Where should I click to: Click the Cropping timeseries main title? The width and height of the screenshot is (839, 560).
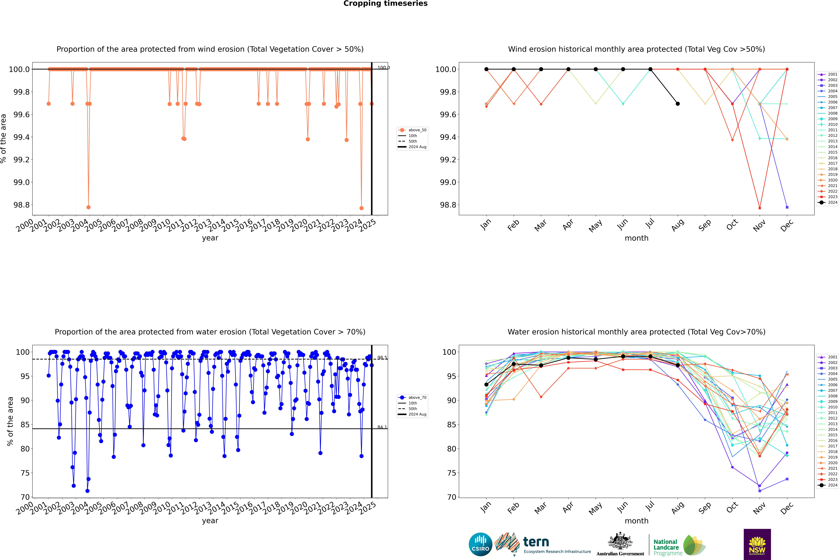(385, 4)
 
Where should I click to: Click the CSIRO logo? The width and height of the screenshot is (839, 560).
(480, 544)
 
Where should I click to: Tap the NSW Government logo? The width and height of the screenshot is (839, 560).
(757, 544)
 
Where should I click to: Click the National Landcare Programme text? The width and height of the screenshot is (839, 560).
(666, 547)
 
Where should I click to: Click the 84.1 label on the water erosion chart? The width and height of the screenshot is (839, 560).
(382, 427)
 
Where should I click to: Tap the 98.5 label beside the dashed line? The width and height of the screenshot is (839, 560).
(382, 357)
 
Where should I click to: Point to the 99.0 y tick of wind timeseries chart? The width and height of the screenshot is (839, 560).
(21, 182)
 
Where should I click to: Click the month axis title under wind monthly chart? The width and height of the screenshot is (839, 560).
(636, 238)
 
